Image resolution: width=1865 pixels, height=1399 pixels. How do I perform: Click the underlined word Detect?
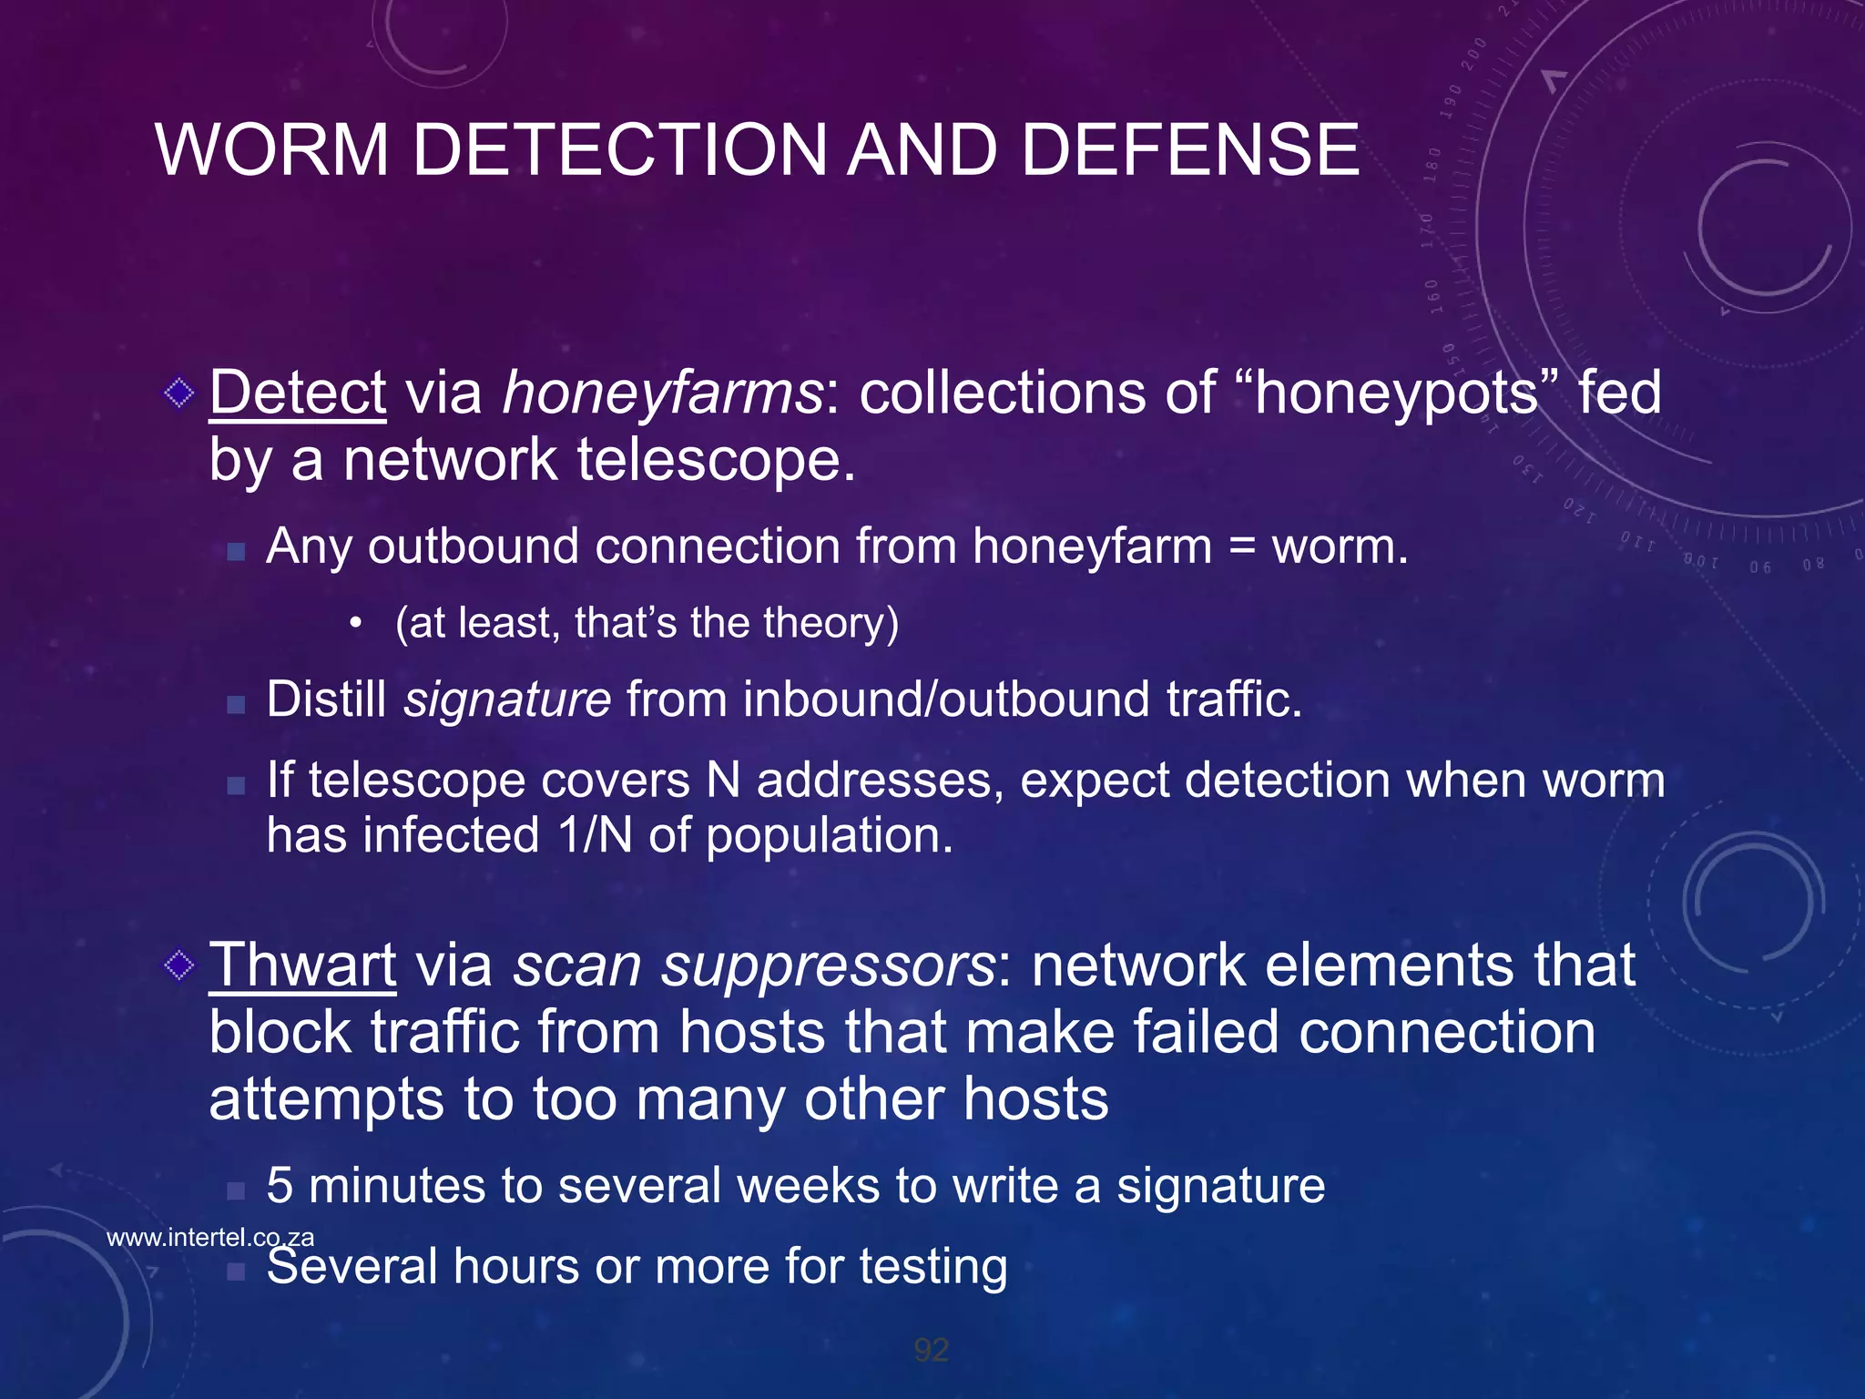click(298, 393)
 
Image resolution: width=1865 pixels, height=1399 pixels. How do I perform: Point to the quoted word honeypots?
click(1396, 393)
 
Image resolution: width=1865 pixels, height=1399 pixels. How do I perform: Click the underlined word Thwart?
click(302, 965)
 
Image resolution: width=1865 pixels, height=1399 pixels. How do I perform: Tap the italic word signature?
click(507, 699)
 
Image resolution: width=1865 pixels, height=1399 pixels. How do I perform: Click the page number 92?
click(932, 1350)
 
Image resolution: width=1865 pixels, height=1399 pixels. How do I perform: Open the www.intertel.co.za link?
click(210, 1237)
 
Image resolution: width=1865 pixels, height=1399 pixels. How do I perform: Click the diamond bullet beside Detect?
click(179, 393)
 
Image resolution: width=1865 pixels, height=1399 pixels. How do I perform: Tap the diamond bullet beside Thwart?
click(179, 965)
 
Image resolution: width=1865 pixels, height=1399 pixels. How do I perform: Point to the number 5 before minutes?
click(280, 1186)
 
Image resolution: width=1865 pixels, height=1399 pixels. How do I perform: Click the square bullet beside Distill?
click(236, 704)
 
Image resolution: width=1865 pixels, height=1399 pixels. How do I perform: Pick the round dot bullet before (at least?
click(356, 624)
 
